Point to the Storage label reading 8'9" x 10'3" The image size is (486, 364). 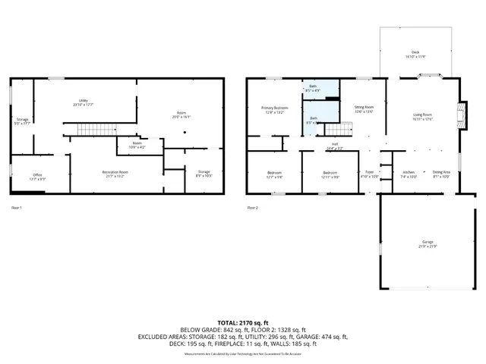coord(204,174)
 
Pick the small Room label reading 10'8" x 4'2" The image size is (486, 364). coord(137,144)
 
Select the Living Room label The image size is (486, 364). coord(422,115)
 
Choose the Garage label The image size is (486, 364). coord(417,243)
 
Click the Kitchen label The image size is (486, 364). coord(409,174)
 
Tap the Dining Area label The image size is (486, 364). coord(441,174)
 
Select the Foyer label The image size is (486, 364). coord(370,174)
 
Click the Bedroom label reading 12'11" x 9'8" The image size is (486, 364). coord(330,174)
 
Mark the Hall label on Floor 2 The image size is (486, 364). coord(335,148)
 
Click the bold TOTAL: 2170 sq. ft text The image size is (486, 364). coord(242,322)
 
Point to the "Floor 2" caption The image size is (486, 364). coord(253,207)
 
